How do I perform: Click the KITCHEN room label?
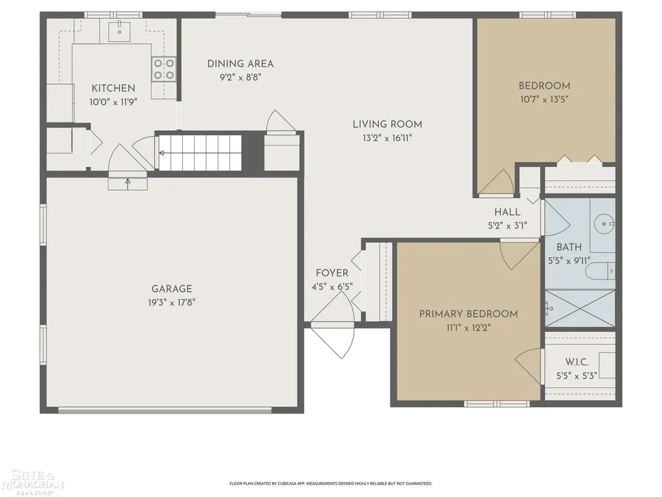[113, 88]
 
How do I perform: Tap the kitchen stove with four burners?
[164, 69]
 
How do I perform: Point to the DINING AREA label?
[240, 64]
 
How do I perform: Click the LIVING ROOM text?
[387, 124]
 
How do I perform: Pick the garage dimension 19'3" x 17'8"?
[171, 303]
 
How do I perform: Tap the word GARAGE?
[172, 289]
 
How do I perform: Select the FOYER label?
[332, 273]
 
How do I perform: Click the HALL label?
[507, 212]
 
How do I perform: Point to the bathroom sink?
[604, 223]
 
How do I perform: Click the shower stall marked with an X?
[580, 308]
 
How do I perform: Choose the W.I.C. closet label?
[577, 362]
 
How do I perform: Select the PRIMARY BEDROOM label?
[468, 314]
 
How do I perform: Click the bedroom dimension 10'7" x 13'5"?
[544, 99]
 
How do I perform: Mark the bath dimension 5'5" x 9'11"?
[569, 261]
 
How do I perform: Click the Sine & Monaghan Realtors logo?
[32, 481]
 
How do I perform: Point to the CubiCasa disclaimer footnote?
[330, 483]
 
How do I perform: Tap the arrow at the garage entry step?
[127, 183]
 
